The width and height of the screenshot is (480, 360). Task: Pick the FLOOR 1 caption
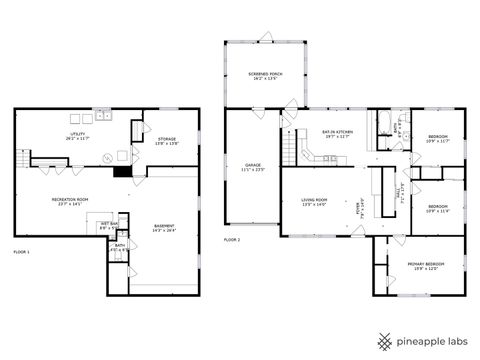[21, 251]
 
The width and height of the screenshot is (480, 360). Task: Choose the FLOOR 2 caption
[232, 240]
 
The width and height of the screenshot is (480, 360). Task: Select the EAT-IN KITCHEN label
[337, 133]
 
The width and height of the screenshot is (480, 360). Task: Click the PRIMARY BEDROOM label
[425, 265]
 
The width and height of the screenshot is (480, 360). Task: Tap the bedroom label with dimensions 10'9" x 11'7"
[437, 138]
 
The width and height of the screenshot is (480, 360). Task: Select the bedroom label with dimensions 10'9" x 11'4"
[437, 209]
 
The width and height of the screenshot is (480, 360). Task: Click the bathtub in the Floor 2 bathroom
[384, 124]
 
